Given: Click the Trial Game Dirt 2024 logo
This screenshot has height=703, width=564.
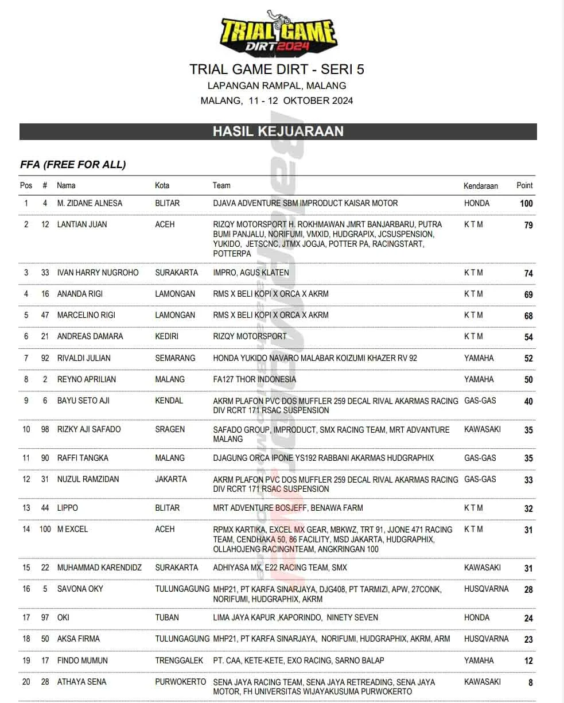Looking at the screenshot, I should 278,33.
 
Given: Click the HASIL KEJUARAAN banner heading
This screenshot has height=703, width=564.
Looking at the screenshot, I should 278,131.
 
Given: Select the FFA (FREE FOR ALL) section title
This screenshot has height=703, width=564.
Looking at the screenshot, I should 73,165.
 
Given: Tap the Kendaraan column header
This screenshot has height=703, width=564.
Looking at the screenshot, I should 481,186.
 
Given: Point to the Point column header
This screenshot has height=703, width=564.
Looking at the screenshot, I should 524,185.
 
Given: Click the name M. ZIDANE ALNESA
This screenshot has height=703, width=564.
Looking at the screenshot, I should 90,203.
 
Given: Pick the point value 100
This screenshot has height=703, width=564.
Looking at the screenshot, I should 526,204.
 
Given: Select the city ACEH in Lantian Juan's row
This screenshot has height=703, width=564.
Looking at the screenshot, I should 165,224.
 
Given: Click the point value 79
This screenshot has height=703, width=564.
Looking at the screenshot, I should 528,226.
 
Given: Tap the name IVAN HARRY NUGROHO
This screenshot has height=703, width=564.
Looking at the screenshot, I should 98,273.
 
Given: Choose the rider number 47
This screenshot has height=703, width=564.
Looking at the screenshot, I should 45,315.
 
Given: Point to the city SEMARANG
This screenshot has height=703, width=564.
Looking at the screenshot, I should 175,358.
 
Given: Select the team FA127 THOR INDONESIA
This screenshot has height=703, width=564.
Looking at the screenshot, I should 254,379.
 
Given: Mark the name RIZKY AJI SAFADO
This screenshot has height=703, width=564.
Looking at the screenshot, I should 89,429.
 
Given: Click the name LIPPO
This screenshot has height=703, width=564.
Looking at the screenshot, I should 68,508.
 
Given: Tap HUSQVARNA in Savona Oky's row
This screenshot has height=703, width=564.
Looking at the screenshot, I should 486,589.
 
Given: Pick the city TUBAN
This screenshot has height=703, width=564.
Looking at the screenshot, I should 167,617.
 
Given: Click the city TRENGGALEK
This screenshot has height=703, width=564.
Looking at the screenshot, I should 179,661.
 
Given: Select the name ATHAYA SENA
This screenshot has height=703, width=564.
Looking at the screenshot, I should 81,682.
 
